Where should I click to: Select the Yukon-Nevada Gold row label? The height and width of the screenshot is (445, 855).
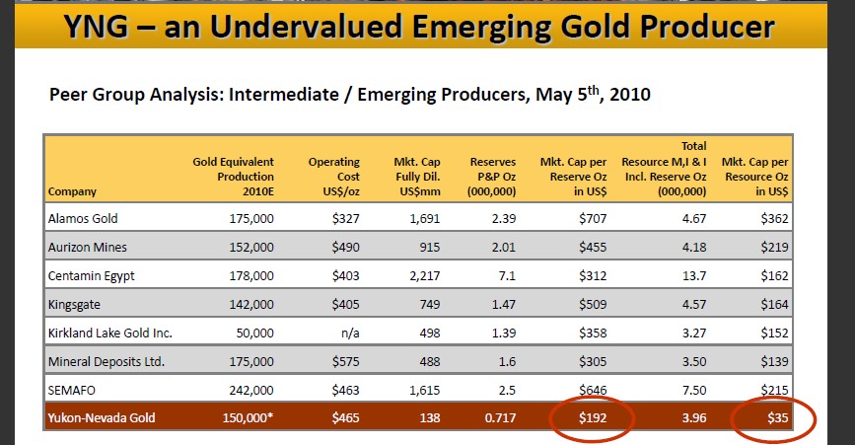click(101, 418)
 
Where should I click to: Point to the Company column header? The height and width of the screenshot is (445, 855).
click(71, 190)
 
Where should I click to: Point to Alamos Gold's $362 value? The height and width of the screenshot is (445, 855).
click(775, 217)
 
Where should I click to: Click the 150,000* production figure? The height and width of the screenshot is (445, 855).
click(249, 418)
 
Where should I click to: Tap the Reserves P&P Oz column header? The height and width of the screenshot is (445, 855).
click(493, 176)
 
